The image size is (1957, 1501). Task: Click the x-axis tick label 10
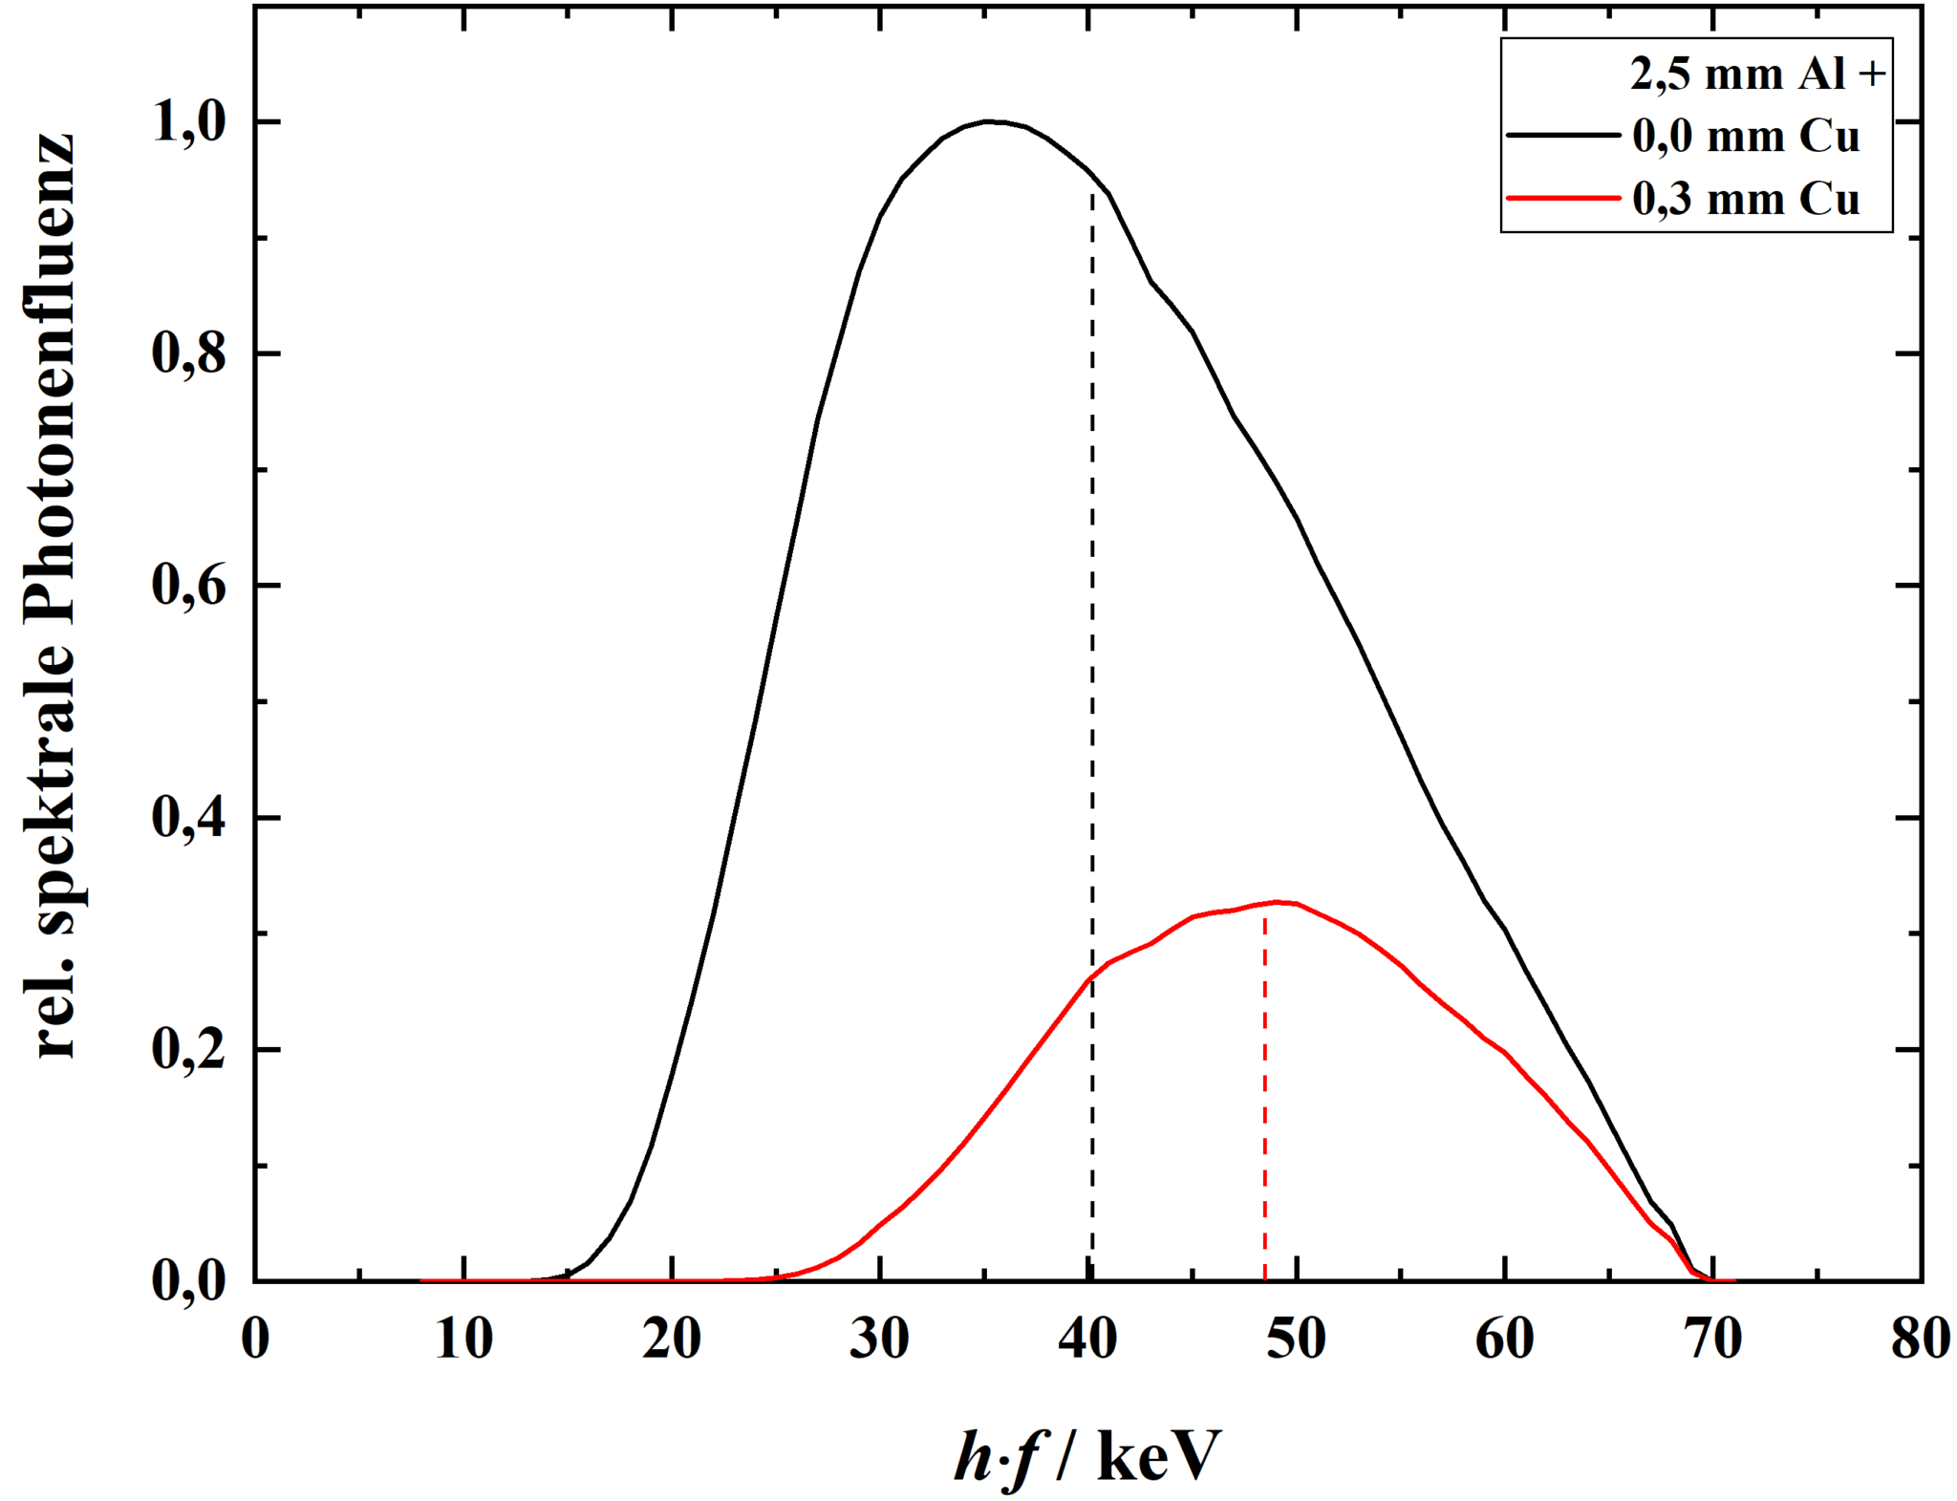point(463,1340)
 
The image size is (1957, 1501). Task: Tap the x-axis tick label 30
point(879,1340)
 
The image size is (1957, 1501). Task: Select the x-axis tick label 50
point(1296,1340)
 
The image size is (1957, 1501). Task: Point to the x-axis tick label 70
point(1712,1340)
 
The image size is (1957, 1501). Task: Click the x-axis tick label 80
point(1920,1340)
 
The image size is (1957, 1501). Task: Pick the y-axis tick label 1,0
point(189,124)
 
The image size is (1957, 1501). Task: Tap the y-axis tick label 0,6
point(189,586)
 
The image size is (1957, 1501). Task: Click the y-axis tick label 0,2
point(189,1050)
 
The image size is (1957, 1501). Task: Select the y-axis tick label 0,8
point(189,354)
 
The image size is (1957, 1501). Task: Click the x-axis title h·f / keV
point(1087,1456)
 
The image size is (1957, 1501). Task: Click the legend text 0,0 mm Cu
point(1745,137)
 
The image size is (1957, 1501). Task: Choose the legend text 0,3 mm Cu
point(1745,200)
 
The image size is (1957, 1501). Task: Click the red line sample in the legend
point(1562,199)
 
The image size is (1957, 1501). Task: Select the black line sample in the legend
point(1562,136)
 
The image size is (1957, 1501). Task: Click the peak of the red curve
point(1276,902)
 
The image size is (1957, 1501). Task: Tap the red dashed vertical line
point(1265,1099)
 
